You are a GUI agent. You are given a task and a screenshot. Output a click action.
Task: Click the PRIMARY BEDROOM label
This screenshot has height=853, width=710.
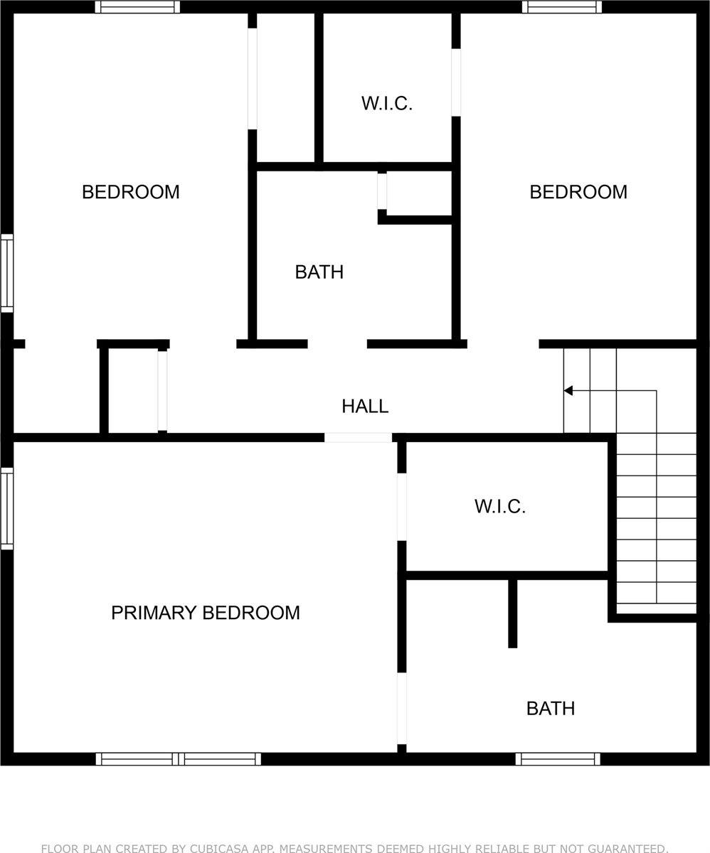pyautogui.click(x=205, y=613)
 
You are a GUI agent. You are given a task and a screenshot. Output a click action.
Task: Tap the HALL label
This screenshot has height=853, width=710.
pyautogui.click(x=365, y=406)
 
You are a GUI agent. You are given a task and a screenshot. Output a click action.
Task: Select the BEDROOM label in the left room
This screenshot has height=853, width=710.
pyautogui.click(x=131, y=192)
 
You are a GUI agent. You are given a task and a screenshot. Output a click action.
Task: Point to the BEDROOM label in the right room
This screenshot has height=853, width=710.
pyautogui.click(x=578, y=192)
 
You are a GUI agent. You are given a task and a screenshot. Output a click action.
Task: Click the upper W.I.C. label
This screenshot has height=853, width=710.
pyautogui.click(x=387, y=103)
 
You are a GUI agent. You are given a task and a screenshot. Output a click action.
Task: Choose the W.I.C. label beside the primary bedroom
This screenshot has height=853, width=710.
pyautogui.click(x=500, y=507)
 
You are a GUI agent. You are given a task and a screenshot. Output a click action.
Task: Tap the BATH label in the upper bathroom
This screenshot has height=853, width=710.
pyautogui.click(x=319, y=272)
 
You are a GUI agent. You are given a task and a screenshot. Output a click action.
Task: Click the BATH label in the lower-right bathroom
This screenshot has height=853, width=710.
pyautogui.click(x=551, y=709)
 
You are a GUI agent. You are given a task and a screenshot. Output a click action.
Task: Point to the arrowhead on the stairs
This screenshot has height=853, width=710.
pyautogui.click(x=568, y=390)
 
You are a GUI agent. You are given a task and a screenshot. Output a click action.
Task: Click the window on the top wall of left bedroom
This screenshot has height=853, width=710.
pyautogui.click(x=137, y=7)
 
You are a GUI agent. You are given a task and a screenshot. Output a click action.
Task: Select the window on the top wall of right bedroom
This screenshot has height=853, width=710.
pyautogui.click(x=562, y=7)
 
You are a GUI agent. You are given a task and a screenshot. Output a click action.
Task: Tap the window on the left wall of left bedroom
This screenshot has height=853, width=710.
pyautogui.click(x=7, y=273)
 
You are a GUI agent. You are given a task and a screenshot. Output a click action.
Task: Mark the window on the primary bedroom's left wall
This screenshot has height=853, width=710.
pyautogui.click(x=7, y=508)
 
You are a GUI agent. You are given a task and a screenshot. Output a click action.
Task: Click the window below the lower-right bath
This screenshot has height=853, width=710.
pyautogui.click(x=558, y=758)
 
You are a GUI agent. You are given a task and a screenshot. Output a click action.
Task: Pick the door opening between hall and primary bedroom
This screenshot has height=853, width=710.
pyautogui.click(x=358, y=437)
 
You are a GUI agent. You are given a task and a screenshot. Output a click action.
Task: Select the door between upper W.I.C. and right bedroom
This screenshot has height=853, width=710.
pyautogui.click(x=456, y=82)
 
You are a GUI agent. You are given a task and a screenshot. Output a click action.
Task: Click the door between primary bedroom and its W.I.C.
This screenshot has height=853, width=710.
pyautogui.click(x=402, y=507)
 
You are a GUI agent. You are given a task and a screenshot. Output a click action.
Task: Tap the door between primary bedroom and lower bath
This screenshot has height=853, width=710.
pyautogui.click(x=402, y=708)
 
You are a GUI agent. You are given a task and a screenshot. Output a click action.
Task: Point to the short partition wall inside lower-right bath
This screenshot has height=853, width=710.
pyautogui.click(x=512, y=613)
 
